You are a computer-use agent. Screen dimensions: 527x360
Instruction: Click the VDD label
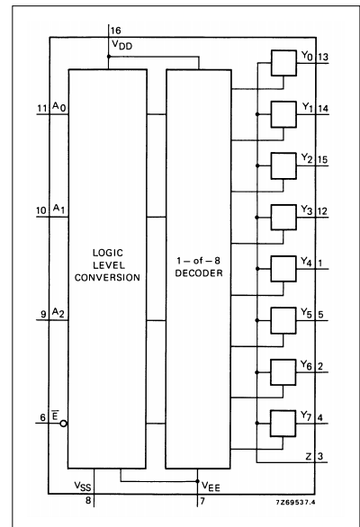tap(121, 45)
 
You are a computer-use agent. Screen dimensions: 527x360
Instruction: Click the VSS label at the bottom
tap(83, 485)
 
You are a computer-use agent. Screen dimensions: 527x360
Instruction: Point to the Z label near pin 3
tap(309, 458)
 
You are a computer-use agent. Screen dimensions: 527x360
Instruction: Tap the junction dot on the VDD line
tap(110, 56)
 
